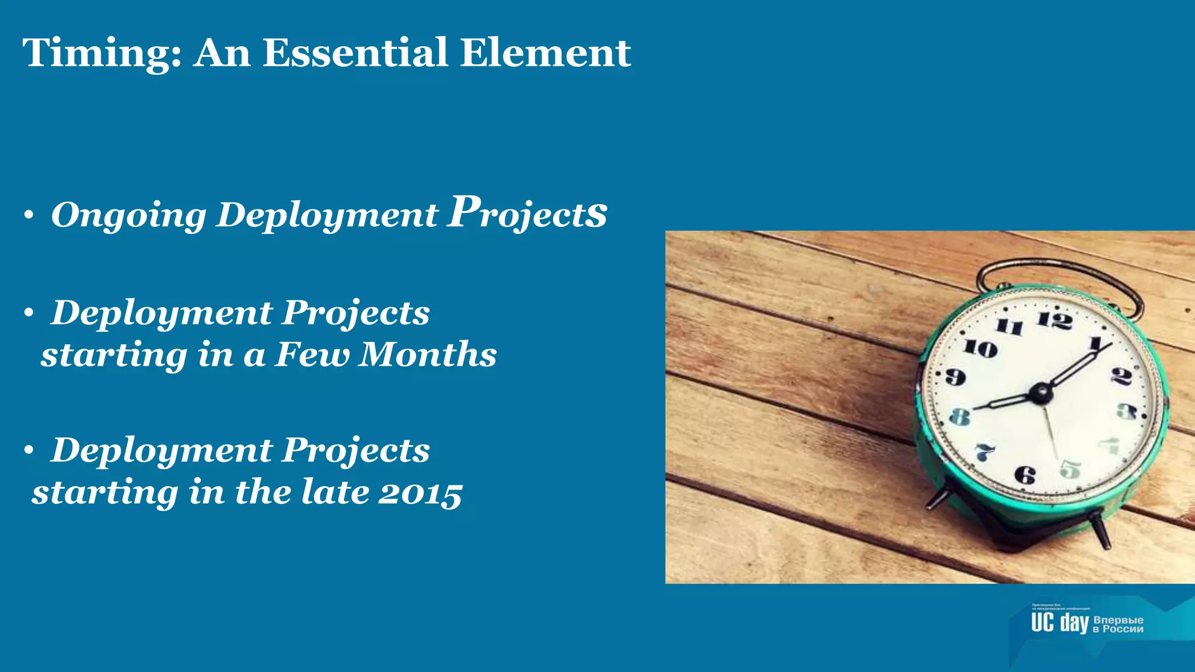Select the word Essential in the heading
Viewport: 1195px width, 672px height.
(x=355, y=52)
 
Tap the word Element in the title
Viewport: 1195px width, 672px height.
(x=545, y=52)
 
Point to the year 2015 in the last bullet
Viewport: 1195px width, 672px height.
(x=420, y=494)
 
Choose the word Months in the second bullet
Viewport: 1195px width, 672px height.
(x=427, y=355)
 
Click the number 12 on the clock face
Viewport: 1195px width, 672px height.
(x=1054, y=320)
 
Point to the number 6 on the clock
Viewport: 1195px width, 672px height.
(x=1025, y=475)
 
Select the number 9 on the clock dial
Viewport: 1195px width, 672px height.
(x=955, y=377)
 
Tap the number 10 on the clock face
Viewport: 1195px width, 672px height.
(x=980, y=348)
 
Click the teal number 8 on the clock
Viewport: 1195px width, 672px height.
(x=960, y=416)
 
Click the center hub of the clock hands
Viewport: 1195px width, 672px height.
(x=1040, y=393)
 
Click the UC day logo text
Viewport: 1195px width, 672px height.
(x=1059, y=622)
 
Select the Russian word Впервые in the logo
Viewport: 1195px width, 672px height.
(x=1118, y=619)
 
